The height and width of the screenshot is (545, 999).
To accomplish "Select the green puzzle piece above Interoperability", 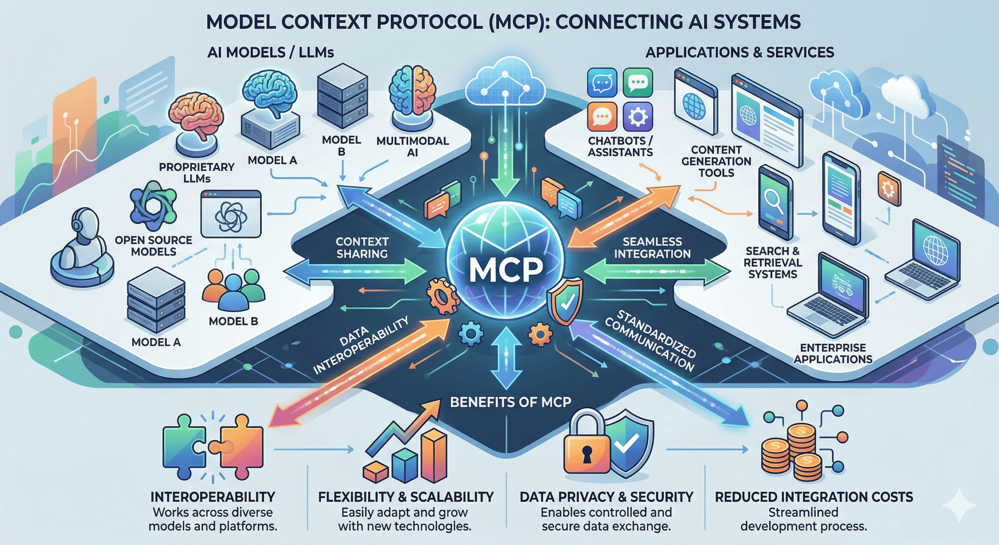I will pyautogui.click(x=183, y=447).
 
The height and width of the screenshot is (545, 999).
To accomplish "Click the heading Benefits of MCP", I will pyautogui.click(x=510, y=402).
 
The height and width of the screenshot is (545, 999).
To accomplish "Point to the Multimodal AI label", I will pyautogui.click(x=412, y=146).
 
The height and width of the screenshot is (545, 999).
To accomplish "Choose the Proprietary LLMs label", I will pyautogui.click(x=197, y=173).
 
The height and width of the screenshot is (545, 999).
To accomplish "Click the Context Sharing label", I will pyautogui.click(x=362, y=248).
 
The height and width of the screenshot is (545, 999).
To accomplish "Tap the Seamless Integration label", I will pyautogui.click(x=652, y=248).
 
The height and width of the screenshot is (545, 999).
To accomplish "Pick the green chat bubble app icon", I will pyautogui.click(x=638, y=82).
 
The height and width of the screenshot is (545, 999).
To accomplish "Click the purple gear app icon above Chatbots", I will pyautogui.click(x=638, y=116).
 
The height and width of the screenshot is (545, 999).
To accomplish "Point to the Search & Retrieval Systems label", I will pyautogui.click(x=772, y=262).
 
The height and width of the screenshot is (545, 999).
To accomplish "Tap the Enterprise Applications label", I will pyautogui.click(x=833, y=353).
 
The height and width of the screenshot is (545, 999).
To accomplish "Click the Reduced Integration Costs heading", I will pyautogui.click(x=814, y=497).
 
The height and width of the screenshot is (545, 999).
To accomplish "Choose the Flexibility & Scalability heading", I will pyautogui.click(x=406, y=497).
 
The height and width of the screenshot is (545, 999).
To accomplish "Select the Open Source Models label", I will pyautogui.click(x=153, y=246).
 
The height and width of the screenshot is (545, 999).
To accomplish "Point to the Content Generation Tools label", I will pyautogui.click(x=716, y=161).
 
